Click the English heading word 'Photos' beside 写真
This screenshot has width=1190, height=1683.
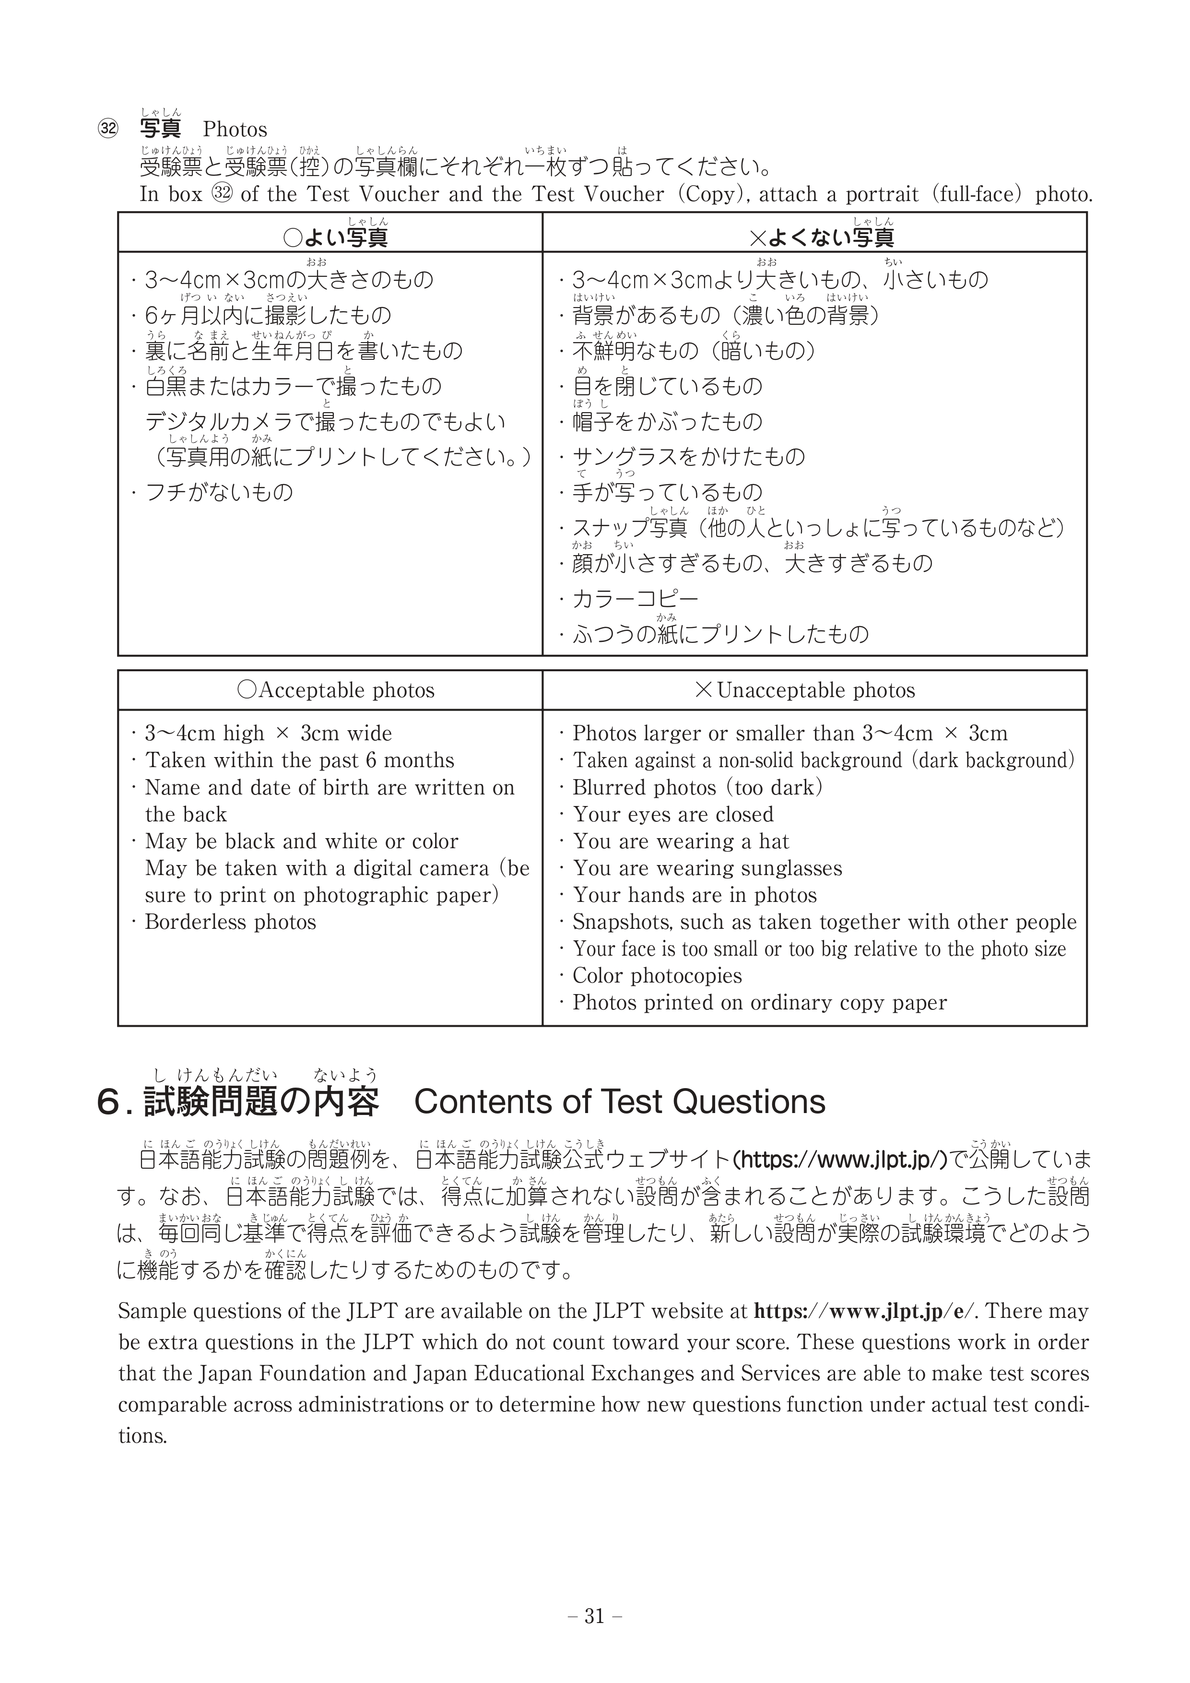coord(235,130)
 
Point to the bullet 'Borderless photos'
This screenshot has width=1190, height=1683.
coord(230,922)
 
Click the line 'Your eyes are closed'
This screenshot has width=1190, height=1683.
coord(672,814)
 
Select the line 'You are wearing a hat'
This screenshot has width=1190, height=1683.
coord(681,841)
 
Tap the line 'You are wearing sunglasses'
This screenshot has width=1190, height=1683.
coord(707,869)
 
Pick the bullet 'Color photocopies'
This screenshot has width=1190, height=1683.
coord(657,976)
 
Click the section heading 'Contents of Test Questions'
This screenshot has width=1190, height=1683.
coord(620,1102)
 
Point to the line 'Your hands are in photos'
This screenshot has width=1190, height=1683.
coord(694,895)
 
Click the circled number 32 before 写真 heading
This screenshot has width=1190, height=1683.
coord(108,130)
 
